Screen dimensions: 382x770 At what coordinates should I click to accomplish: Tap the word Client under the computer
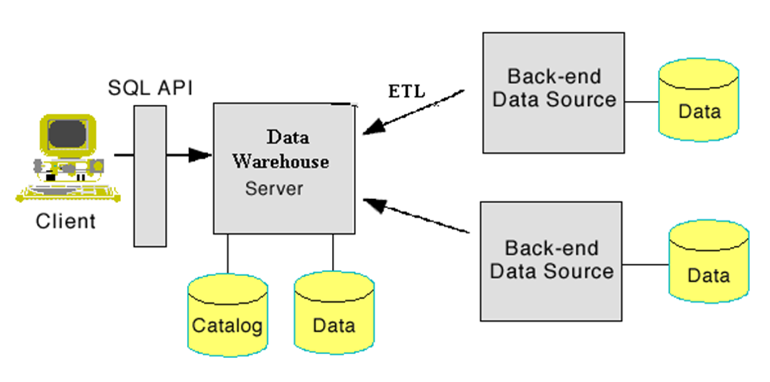coord(66,221)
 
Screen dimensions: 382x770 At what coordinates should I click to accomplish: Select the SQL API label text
coord(150,88)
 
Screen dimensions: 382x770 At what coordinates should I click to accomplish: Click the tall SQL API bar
coord(150,175)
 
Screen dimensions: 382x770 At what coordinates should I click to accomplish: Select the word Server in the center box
coord(274,188)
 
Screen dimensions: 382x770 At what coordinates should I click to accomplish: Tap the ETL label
coord(407,91)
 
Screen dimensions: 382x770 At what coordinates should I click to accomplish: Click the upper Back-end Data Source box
coord(553,92)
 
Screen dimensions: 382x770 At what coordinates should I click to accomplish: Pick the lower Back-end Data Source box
coord(551,261)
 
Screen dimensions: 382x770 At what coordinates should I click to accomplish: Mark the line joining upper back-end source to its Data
coord(641,102)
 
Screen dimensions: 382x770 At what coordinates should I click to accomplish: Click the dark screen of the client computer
coord(67,134)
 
